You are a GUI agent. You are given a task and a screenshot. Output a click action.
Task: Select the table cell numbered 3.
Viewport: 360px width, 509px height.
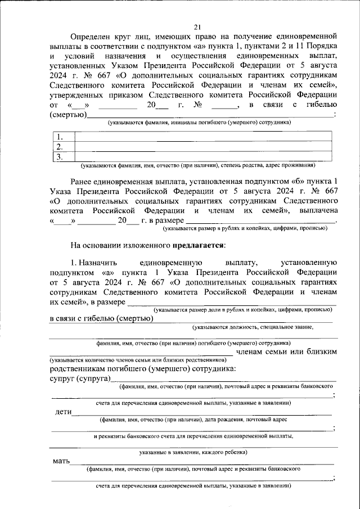58,157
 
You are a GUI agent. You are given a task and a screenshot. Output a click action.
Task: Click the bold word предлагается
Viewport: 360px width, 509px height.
199,245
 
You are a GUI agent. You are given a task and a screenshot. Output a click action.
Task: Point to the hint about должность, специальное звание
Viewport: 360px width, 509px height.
253,327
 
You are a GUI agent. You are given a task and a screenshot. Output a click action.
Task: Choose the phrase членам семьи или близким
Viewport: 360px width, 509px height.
287,352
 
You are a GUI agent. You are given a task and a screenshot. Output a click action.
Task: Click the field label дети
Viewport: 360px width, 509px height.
63,412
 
